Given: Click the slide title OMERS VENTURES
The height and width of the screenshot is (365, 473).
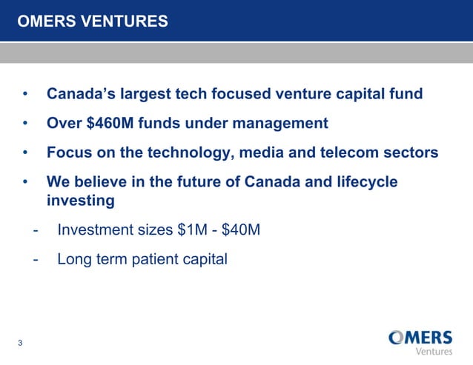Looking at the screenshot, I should (93, 21).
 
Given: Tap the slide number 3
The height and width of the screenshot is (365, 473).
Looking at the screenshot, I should (20, 342).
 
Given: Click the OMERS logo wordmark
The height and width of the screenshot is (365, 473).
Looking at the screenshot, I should (420, 338).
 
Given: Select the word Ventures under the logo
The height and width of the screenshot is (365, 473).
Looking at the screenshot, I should (434, 351).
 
